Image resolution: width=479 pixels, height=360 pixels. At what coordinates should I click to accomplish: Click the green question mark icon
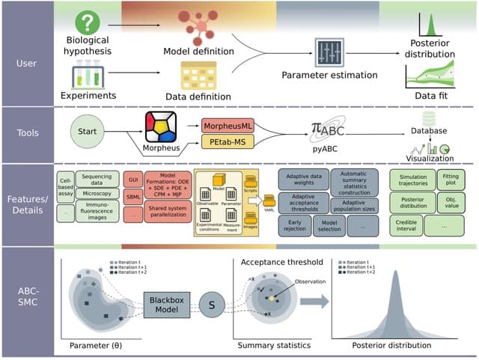89,22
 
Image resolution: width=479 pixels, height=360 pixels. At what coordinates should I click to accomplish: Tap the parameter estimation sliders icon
328,53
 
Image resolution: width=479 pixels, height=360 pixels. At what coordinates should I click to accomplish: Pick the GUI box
135,180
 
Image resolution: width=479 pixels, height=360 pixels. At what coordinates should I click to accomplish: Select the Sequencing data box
97,180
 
